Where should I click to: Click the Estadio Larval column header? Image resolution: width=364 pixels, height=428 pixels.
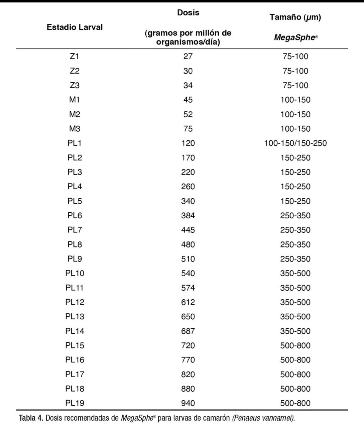(75, 27)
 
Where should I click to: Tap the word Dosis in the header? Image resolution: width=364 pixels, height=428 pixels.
(188, 13)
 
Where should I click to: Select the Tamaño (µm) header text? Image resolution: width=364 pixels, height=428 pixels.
(295, 17)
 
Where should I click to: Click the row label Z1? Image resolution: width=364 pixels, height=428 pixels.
(75, 57)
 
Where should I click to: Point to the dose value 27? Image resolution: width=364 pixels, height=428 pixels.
(188, 57)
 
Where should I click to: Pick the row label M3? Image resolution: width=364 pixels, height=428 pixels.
(75, 129)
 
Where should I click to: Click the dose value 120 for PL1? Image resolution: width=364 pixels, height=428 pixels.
(188, 143)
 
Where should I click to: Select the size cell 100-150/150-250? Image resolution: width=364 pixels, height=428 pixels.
(295, 143)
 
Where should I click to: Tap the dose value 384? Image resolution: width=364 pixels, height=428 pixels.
(188, 216)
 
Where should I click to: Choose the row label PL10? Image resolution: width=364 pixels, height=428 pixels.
(75, 274)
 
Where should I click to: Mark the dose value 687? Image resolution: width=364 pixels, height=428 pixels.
(188, 331)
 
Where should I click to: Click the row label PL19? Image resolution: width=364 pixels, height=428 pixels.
(75, 404)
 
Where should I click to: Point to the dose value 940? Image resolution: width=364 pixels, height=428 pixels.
(188, 404)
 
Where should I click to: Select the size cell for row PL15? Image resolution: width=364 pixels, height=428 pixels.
(295, 346)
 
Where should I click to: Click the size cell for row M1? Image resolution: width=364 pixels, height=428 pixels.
(295, 100)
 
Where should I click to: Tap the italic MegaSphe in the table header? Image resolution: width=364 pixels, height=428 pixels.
(294, 37)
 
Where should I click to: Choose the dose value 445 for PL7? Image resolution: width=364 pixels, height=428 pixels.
(188, 230)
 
